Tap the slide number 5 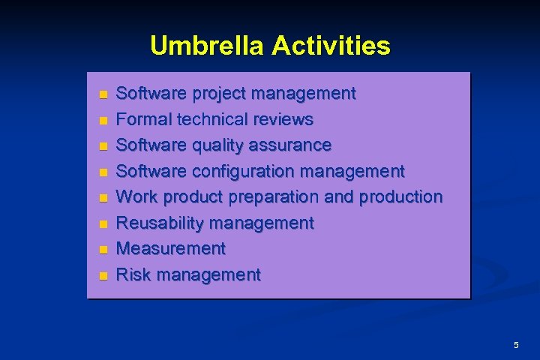click(516, 345)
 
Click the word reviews click(284, 120)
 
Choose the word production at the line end click(401, 197)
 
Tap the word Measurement click(172, 248)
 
